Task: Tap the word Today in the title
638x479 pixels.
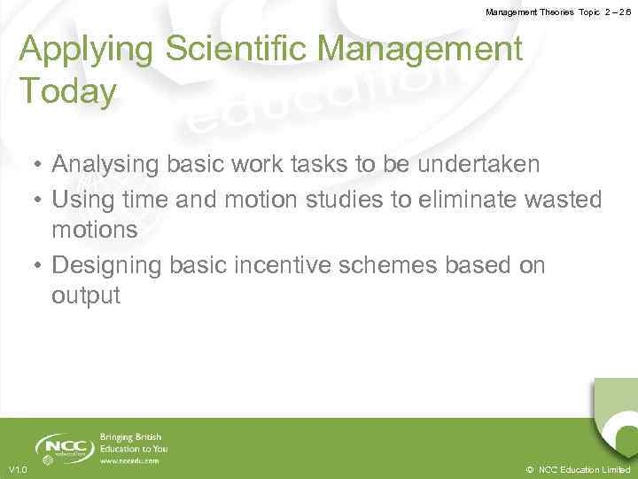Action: [67, 90]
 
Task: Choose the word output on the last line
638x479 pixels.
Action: [85, 295]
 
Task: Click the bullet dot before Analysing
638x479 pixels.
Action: [40, 166]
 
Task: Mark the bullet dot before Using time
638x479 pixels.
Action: [40, 200]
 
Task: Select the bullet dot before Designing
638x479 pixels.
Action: [40, 266]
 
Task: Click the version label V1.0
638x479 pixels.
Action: [17, 469]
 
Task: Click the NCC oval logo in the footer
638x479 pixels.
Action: [64, 447]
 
